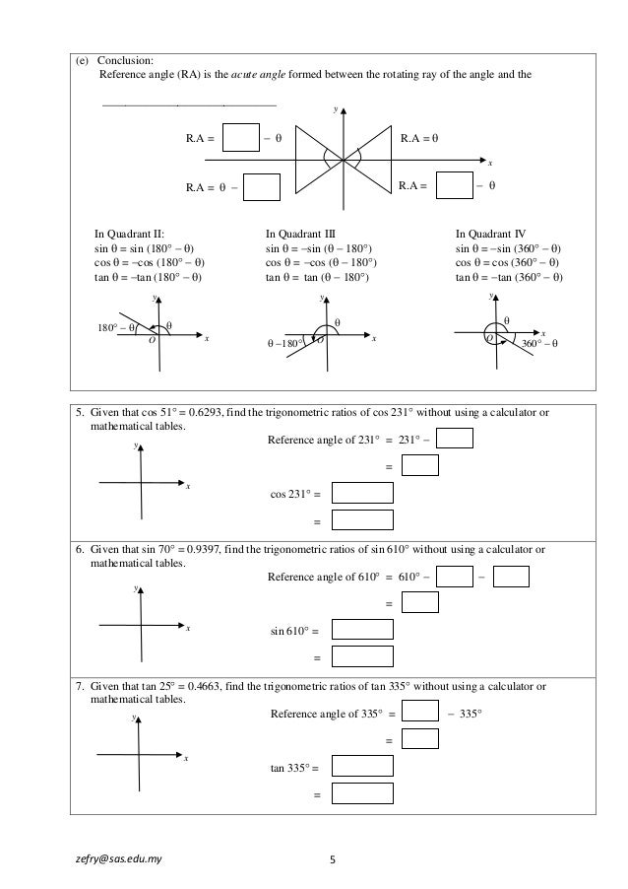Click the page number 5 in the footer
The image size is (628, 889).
(x=332, y=858)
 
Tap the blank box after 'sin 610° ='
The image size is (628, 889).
(x=362, y=630)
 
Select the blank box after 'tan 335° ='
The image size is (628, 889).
(x=362, y=766)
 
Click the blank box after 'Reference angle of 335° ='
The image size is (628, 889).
(x=420, y=712)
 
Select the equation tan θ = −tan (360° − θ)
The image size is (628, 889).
(x=510, y=277)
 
